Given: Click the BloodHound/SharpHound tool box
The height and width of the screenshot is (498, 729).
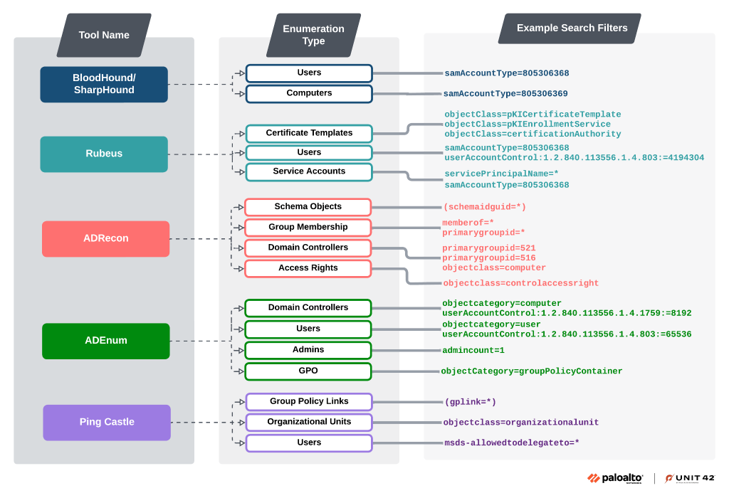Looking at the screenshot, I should [x=104, y=84].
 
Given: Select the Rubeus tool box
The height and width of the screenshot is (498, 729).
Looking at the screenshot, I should [x=104, y=154].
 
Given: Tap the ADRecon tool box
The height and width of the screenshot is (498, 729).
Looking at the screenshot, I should [x=105, y=238].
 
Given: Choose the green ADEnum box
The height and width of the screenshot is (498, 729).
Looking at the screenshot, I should [x=105, y=341].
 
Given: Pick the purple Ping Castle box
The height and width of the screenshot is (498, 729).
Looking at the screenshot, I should [x=107, y=422].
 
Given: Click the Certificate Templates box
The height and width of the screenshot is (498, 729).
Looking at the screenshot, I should [x=309, y=133].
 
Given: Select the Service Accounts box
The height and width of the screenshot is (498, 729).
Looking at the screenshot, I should [x=309, y=171].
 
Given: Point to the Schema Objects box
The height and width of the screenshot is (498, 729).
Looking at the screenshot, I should [x=308, y=207].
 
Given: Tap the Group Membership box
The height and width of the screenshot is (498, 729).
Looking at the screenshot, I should [x=308, y=228].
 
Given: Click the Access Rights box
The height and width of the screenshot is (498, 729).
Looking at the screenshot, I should [x=308, y=268].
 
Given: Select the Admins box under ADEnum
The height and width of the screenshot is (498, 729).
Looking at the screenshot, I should [x=308, y=350].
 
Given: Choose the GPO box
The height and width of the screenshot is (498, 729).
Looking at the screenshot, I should [x=308, y=371].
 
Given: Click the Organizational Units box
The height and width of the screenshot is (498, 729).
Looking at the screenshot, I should [x=309, y=422].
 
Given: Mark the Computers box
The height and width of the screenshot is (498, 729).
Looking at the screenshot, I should [x=309, y=93].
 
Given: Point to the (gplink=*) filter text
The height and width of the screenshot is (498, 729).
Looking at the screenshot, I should [x=470, y=402].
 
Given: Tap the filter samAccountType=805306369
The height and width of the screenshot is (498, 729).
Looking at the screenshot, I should [x=505, y=94].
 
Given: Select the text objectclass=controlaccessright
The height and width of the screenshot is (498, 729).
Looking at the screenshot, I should [x=520, y=283].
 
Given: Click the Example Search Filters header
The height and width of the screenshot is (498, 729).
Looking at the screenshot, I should [x=571, y=28].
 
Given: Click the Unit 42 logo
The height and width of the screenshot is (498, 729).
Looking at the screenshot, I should [x=689, y=478].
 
